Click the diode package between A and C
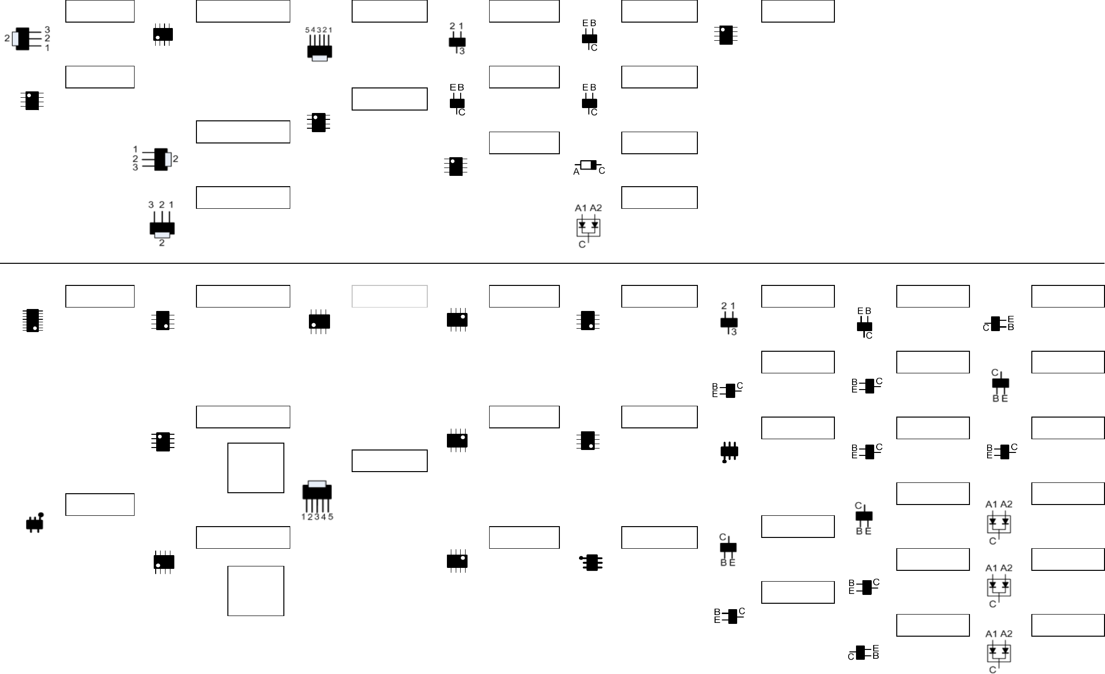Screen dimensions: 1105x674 click(588, 165)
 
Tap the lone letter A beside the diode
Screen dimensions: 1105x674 click(577, 172)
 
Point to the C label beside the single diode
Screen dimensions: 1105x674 click(602, 171)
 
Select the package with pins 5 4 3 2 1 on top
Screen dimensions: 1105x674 click(319, 52)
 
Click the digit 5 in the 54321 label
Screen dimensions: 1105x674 click(307, 30)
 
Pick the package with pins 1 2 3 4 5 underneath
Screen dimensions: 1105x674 click(317, 492)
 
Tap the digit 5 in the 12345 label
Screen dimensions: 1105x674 click(331, 517)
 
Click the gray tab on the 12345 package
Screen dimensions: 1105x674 click(317, 484)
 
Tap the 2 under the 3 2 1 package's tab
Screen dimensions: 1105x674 click(162, 243)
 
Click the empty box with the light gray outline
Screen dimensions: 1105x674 click(389, 296)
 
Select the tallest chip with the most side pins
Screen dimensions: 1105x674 click(32, 320)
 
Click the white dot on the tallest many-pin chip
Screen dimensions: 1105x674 click(35, 328)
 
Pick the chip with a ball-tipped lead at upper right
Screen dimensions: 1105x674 click(34, 524)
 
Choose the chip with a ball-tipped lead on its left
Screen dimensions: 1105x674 click(592, 562)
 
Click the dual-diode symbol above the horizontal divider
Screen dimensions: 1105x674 click(588, 227)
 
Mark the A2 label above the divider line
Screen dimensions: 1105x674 click(596, 208)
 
